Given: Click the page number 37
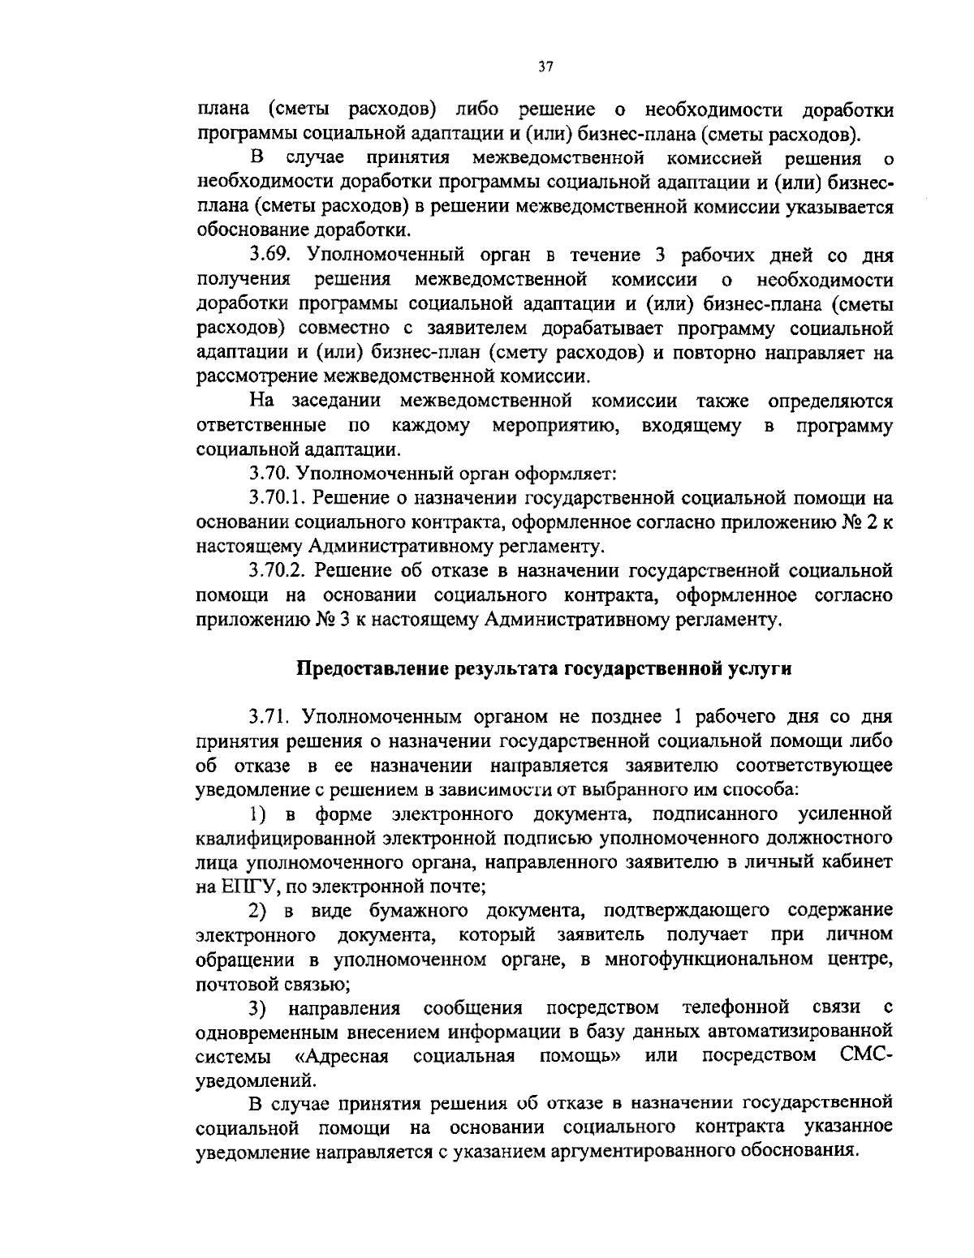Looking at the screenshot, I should tap(545, 68).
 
